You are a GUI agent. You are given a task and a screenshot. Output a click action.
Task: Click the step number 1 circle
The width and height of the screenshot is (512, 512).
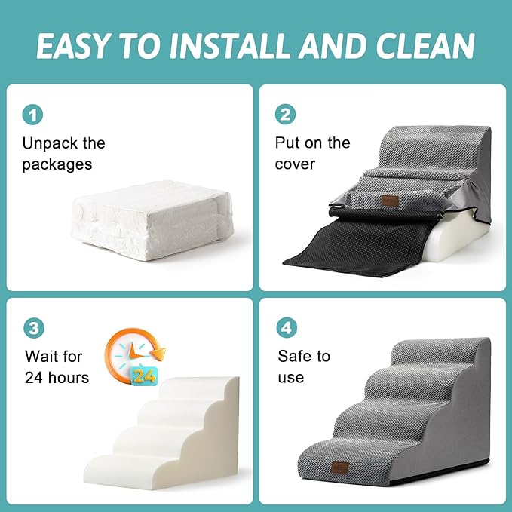tap(32, 115)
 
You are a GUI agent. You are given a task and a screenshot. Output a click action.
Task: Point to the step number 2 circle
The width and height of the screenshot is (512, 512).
tap(286, 115)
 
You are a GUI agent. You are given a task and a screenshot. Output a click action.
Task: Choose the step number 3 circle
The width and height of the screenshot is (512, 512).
tap(32, 328)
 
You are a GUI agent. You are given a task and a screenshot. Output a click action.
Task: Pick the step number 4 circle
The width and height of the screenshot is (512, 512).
tap(286, 328)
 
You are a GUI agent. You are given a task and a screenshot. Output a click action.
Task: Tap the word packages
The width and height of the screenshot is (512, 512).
tap(57, 164)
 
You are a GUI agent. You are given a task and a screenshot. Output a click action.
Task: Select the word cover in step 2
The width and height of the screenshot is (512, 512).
tap(295, 164)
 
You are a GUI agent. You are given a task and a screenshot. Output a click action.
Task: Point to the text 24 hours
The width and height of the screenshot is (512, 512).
tap(57, 377)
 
